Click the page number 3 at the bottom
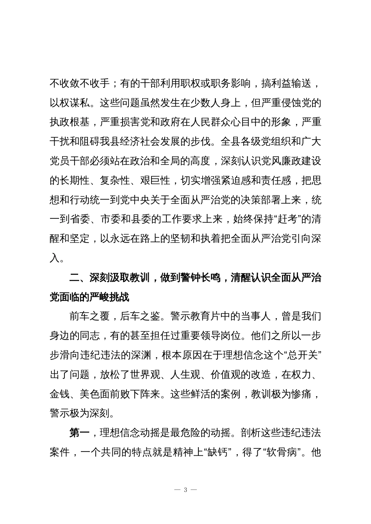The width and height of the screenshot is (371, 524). click(185, 490)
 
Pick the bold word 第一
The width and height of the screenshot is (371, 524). click(79, 433)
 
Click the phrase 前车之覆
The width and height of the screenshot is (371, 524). click(89, 317)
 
